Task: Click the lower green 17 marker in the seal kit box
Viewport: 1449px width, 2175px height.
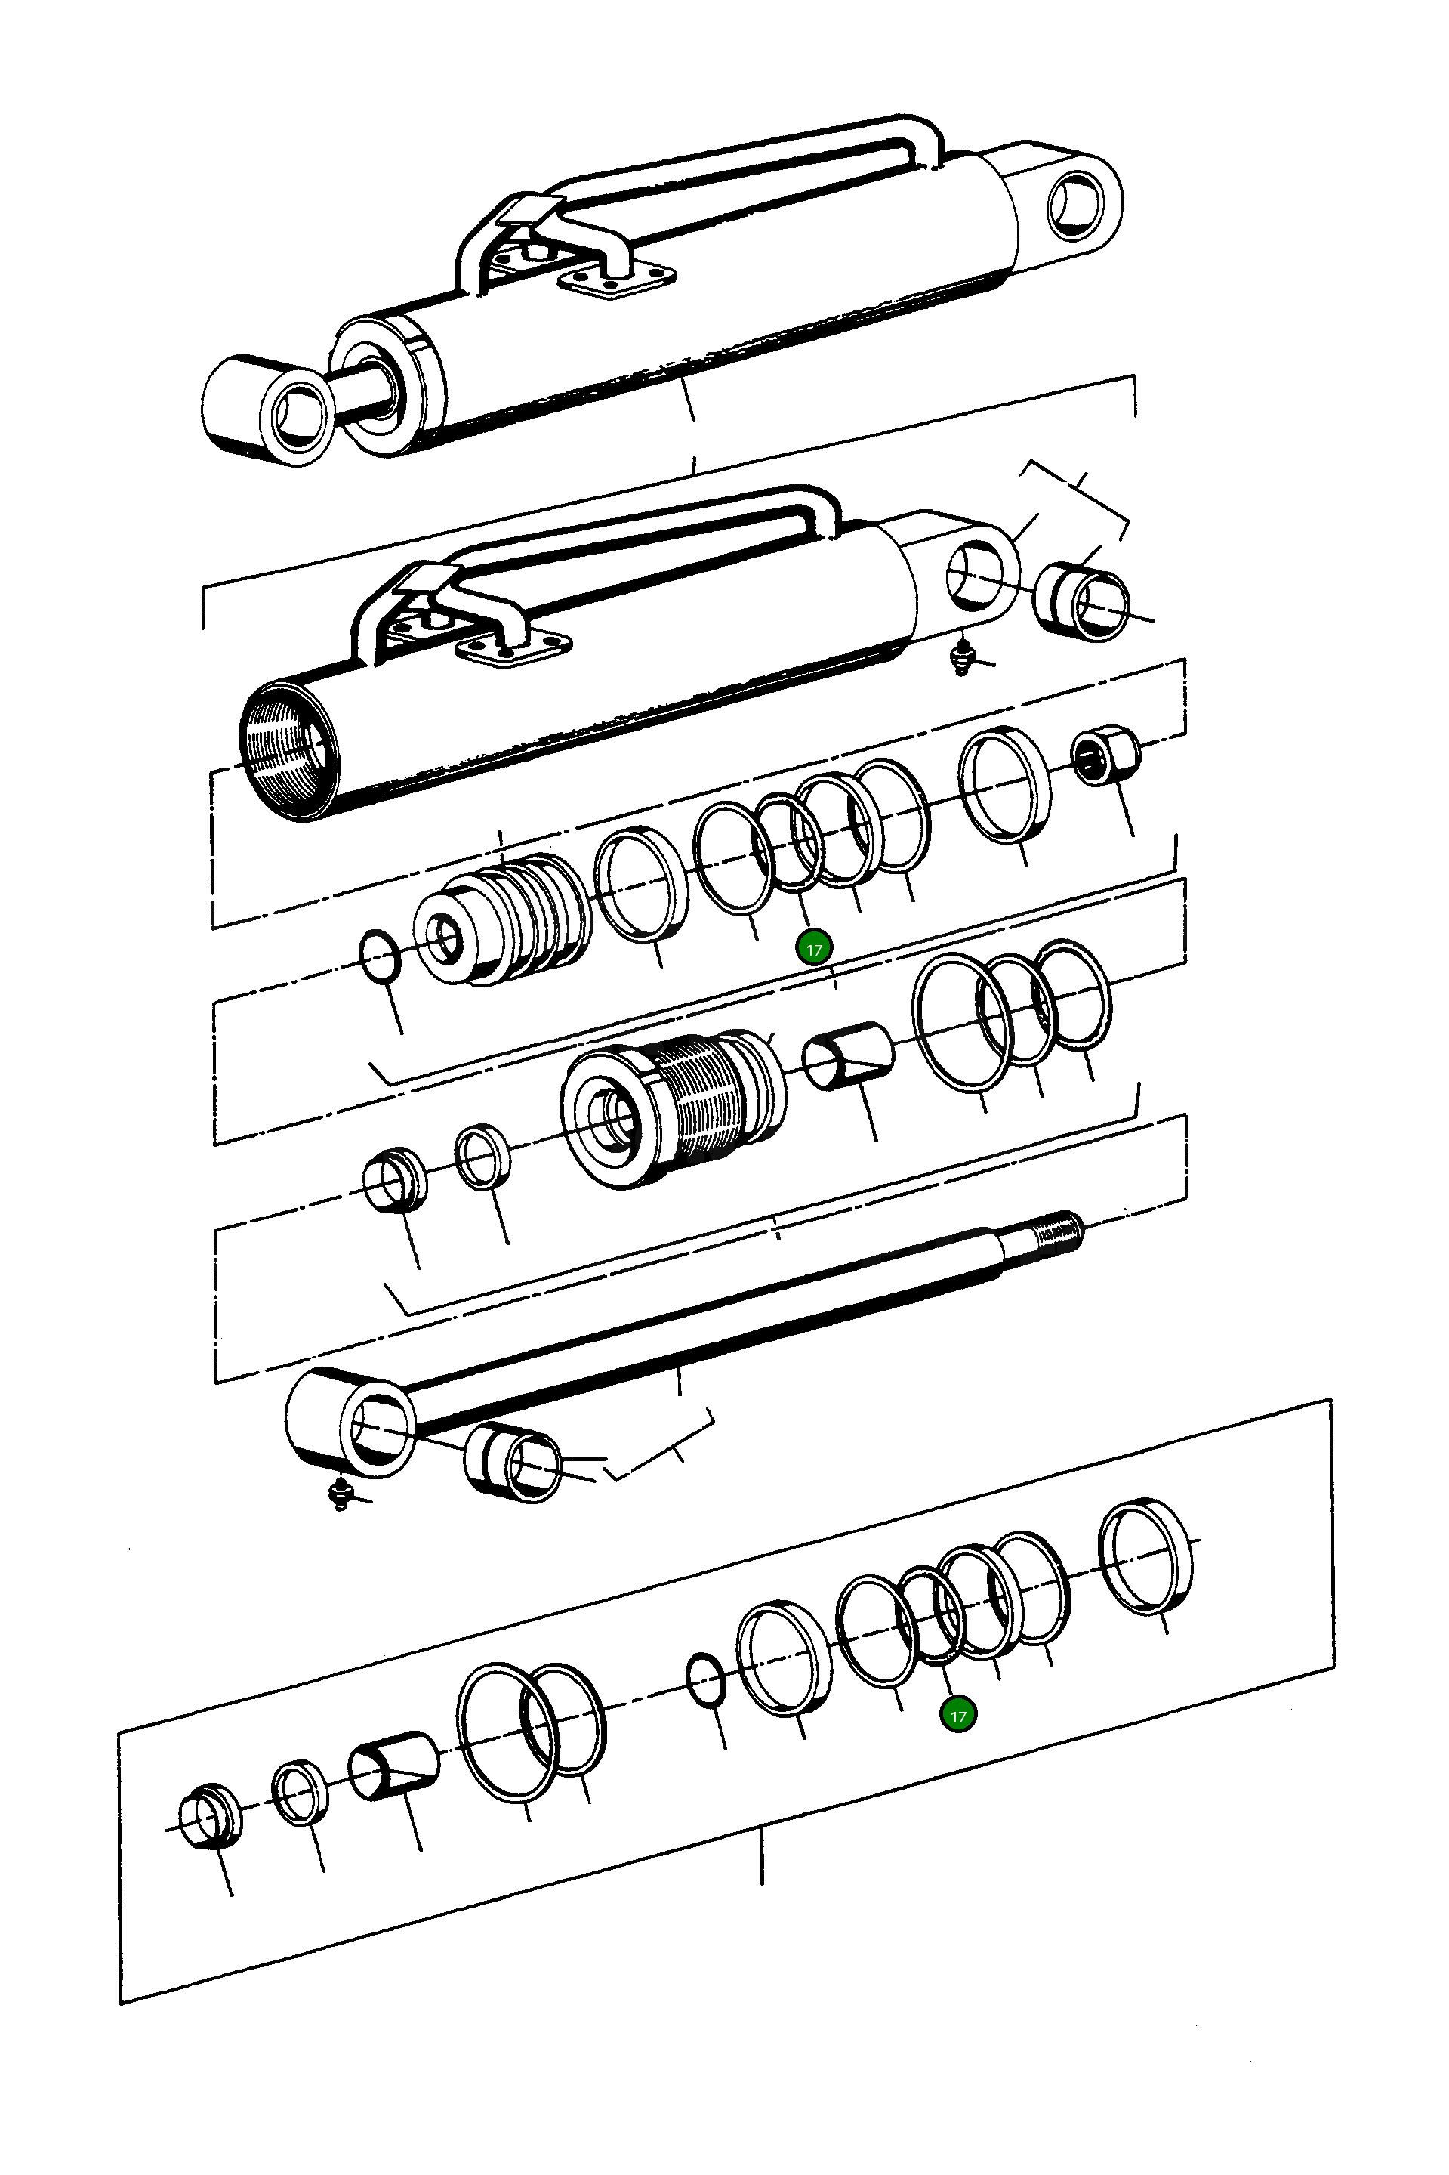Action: point(958,1716)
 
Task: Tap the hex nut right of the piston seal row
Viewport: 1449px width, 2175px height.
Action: point(1105,756)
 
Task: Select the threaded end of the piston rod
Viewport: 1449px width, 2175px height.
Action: point(1053,1233)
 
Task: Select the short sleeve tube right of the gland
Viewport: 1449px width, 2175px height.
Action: point(846,1055)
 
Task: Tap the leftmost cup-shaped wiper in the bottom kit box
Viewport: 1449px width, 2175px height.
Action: point(210,1815)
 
